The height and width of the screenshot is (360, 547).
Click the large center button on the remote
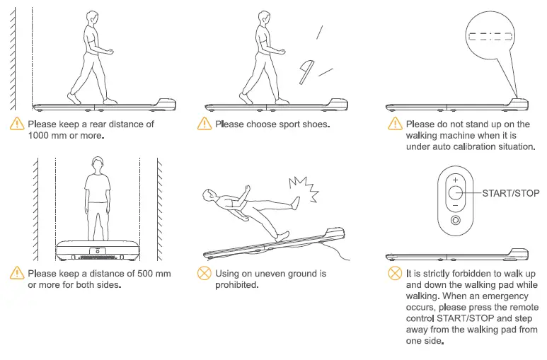pyautogui.click(x=455, y=193)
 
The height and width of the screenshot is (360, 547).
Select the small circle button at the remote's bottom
pyautogui.click(x=455, y=221)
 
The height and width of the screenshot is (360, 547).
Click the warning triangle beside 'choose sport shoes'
pyautogui.click(x=205, y=124)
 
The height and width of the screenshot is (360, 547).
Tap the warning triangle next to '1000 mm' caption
pyautogui.click(x=16, y=124)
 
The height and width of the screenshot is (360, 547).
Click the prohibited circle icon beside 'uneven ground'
pyautogui.click(x=205, y=273)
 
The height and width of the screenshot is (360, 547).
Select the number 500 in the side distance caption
pyautogui.click(x=150, y=273)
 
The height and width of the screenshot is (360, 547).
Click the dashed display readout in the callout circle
pyautogui.click(x=493, y=36)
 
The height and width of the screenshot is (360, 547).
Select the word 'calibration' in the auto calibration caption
pyautogui.click(x=473, y=146)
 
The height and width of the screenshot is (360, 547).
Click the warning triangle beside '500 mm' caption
pyautogui.click(x=16, y=273)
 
